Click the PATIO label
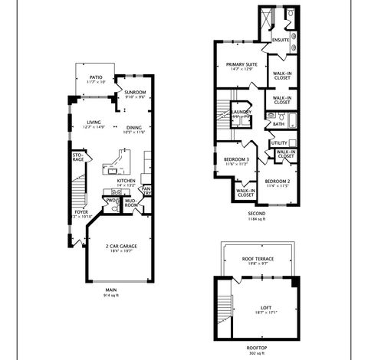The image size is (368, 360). [x=96, y=77]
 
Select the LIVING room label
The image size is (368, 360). [x=94, y=122]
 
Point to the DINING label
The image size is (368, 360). [x=133, y=127]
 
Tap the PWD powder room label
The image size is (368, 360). [x=111, y=201]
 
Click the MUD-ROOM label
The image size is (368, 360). [x=131, y=204]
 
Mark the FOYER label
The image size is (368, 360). [x=81, y=211]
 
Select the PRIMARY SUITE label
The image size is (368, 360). [x=238, y=64]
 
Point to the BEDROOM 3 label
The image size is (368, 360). [x=236, y=159]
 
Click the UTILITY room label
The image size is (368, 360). [x=278, y=143]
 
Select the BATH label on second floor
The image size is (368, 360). [x=278, y=123]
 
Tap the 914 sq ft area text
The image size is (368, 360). [x=112, y=294]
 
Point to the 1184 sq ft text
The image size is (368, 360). [x=255, y=218]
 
